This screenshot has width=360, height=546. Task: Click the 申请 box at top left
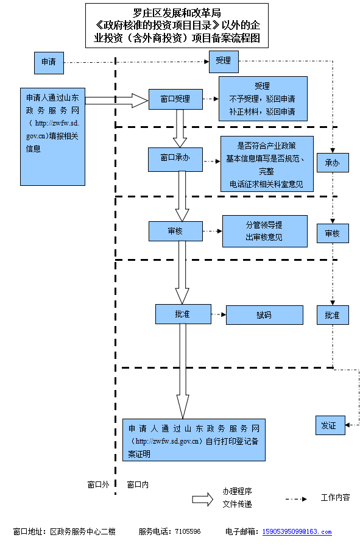[49, 63]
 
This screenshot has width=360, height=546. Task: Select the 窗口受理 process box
[175, 99]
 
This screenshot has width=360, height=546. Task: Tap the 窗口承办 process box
[175, 160]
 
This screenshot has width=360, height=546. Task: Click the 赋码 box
[264, 315]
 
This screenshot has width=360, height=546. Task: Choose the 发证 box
[330, 425]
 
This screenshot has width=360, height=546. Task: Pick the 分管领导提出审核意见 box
[265, 231]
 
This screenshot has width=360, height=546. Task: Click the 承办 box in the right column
[333, 163]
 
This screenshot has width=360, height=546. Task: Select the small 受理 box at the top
[224, 62]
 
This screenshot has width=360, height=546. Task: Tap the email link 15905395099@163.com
[297, 532]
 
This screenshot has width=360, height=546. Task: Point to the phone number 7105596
[188, 532]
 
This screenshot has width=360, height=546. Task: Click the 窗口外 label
[98, 484]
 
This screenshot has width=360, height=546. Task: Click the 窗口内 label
[138, 484]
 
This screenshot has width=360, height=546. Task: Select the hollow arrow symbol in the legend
[203, 499]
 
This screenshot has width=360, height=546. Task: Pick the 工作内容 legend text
[335, 498]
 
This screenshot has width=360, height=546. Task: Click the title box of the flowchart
[177, 26]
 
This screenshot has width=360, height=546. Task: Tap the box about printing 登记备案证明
[194, 440]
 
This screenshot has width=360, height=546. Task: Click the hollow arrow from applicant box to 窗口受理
[116, 101]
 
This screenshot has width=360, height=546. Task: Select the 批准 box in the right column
[333, 315]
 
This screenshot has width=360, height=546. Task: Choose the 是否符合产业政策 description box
[267, 164]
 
